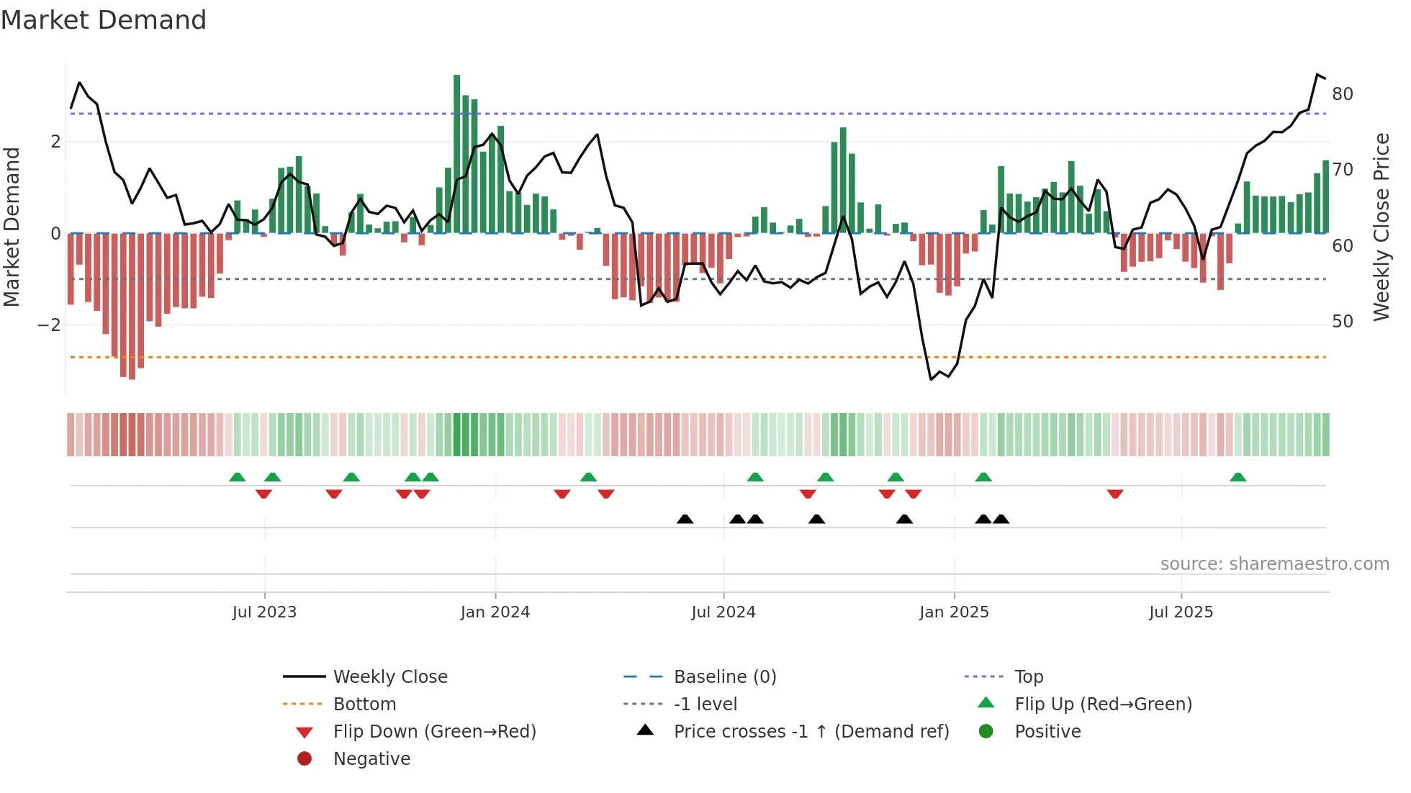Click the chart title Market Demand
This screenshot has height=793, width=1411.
point(104,20)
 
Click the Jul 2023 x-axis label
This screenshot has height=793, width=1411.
point(264,612)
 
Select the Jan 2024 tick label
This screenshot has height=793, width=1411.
point(495,612)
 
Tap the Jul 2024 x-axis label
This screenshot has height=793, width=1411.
point(723,612)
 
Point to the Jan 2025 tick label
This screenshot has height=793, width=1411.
point(954,612)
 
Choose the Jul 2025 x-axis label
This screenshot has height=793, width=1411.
point(1181,612)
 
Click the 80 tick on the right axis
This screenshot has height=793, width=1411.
point(1343,94)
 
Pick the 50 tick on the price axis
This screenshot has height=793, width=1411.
point(1343,322)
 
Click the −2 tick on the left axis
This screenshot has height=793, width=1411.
point(49,325)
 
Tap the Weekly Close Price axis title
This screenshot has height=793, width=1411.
point(1381,227)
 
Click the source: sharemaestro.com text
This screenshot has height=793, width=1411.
point(1274,564)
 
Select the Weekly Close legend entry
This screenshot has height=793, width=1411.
point(390,677)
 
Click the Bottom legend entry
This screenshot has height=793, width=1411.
point(364,704)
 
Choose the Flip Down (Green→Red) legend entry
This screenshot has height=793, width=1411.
point(434,732)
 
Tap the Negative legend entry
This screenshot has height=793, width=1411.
point(371,759)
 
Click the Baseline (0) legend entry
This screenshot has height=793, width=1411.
point(725,677)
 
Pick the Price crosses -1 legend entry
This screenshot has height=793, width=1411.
point(811,732)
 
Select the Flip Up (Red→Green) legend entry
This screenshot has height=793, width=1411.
point(1103,704)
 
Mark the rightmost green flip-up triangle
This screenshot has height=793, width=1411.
point(1238,477)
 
